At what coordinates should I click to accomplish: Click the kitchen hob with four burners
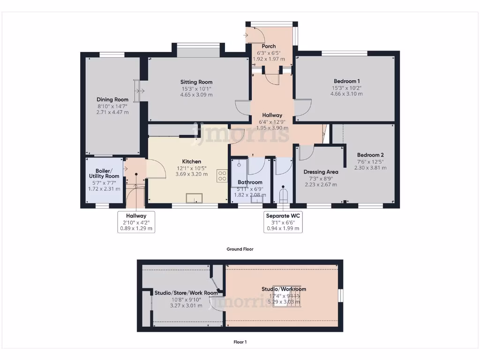(x=222, y=176)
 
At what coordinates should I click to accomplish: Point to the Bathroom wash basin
(x=256, y=199)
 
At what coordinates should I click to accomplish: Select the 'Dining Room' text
(x=112, y=99)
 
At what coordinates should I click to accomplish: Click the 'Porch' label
(x=269, y=46)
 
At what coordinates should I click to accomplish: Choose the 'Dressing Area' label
(x=321, y=172)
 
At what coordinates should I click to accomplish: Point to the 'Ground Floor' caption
(x=240, y=249)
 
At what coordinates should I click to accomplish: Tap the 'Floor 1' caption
(x=240, y=342)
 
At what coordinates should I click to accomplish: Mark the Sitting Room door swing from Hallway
(x=242, y=107)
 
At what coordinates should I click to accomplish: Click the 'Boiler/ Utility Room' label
(x=104, y=173)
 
